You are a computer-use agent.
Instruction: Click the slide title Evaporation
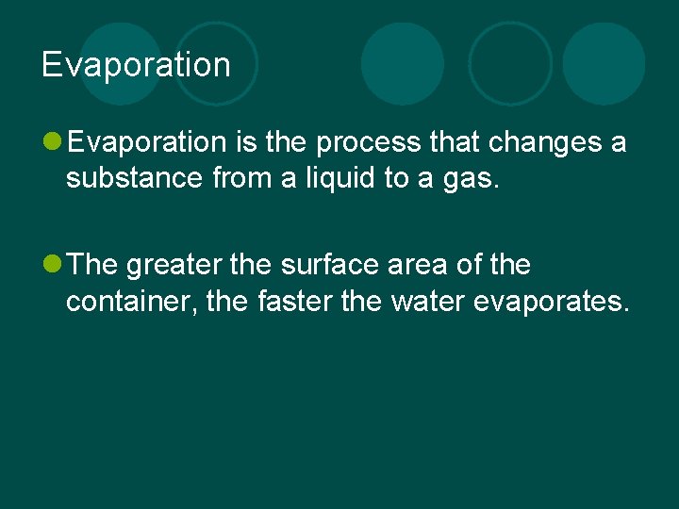point(136,65)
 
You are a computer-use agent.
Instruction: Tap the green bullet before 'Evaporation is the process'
point(53,142)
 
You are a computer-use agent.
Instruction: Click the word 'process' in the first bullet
point(369,142)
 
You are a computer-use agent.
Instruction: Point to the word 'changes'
point(534,142)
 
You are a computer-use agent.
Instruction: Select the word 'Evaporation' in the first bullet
point(147,142)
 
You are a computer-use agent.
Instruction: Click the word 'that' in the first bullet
point(454,142)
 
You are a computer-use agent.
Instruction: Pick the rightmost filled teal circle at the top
point(604,64)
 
